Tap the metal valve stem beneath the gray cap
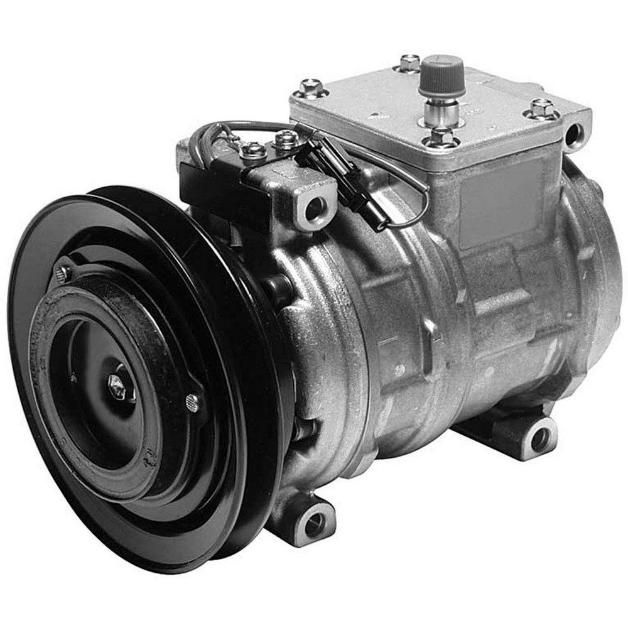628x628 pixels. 441,112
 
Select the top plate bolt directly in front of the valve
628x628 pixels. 442,136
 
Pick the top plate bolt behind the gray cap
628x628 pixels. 409,63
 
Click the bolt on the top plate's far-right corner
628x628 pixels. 541,109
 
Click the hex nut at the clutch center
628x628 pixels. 117,387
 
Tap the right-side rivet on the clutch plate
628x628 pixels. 192,403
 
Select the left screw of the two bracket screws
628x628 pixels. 252,150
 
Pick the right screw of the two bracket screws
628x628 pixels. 286,139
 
